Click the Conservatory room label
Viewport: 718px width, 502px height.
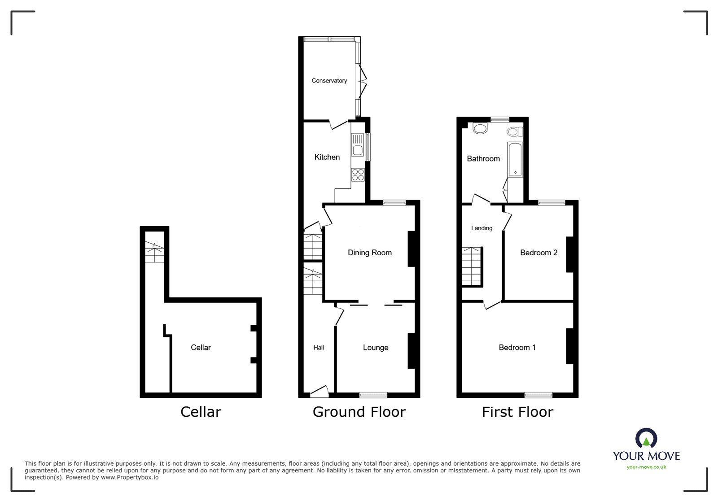pos(329,81)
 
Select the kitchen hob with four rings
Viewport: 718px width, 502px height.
pos(358,174)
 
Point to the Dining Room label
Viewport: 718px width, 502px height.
pos(370,253)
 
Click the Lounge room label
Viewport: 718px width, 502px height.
pos(376,347)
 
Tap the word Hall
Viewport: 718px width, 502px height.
pos(319,347)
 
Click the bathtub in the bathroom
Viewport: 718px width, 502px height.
pos(515,159)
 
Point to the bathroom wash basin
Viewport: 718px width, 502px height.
pos(480,129)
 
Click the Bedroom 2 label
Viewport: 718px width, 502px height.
pos(538,253)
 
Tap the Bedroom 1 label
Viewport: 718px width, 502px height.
pos(517,347)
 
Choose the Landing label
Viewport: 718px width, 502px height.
pos(482,228)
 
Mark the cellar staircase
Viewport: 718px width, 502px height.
pos(154,253)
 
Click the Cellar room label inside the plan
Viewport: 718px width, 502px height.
pos(201,347)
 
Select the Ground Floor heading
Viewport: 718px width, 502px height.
pos(359,412)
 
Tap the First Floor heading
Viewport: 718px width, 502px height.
pos(517,412)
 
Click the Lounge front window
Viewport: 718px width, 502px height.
pos(373,395)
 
